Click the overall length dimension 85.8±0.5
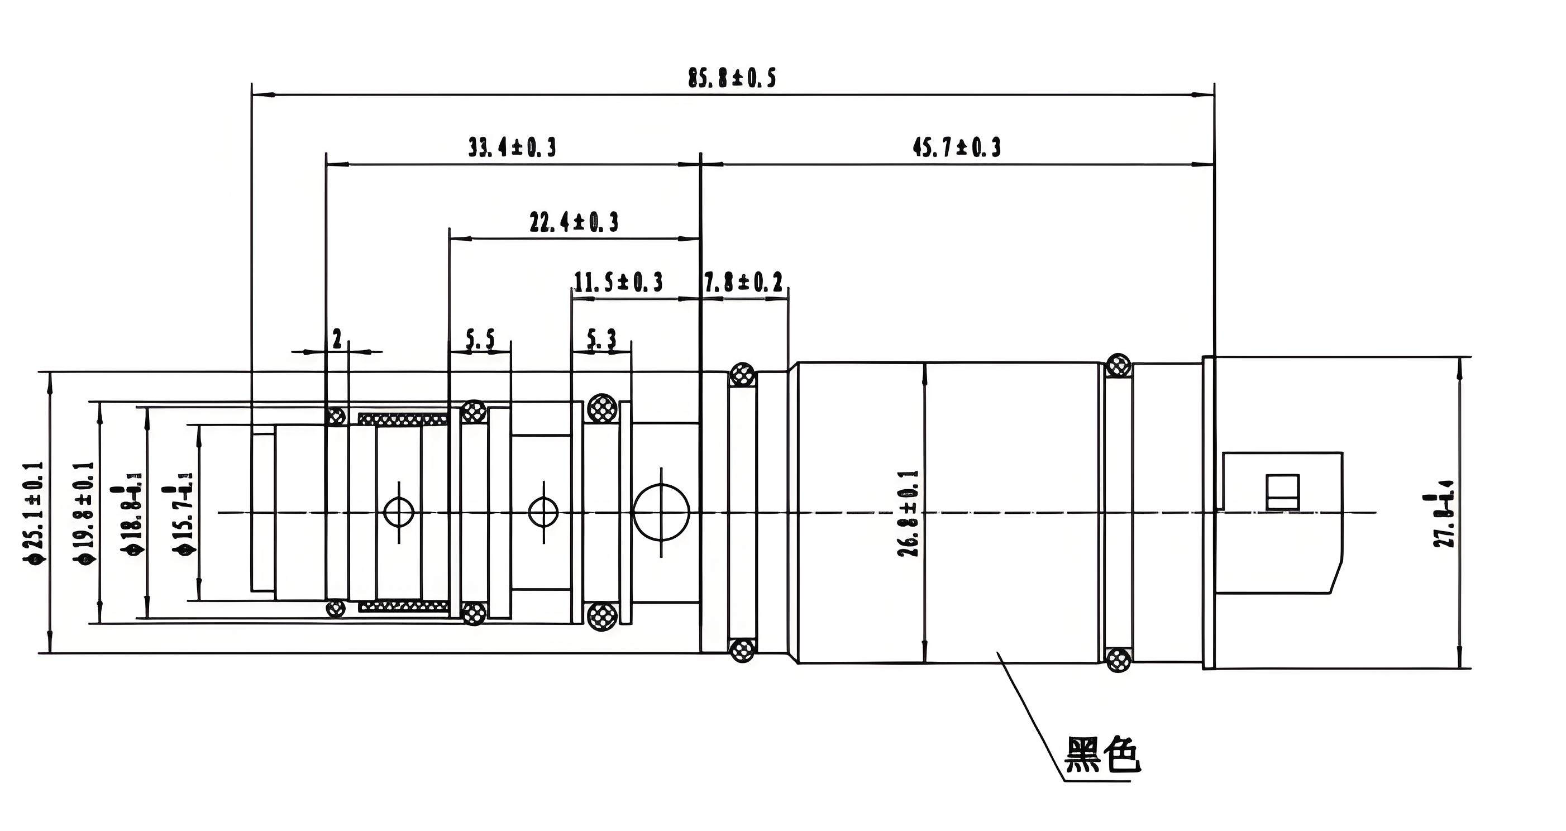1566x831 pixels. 731,78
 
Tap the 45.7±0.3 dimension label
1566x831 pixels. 956,148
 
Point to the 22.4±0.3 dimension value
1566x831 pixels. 573,222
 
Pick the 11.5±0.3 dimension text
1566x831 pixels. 618,282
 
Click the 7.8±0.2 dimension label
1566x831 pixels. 743,282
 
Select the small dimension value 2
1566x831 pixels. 337,338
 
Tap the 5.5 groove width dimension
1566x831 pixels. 480,339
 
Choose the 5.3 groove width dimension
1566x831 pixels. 601,339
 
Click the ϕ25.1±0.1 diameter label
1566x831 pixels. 34,514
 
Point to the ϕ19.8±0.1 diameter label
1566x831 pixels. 84,514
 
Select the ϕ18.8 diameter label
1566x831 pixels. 132,514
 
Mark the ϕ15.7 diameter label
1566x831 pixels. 184,514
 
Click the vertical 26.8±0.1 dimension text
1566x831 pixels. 908,514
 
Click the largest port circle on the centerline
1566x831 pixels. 661,512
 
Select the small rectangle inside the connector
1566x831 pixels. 1283,492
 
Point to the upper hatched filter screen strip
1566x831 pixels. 403,419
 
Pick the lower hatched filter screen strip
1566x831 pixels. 403,606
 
